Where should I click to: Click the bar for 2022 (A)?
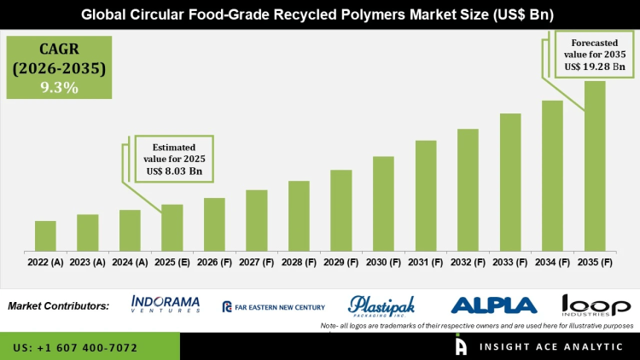tap(45, 236)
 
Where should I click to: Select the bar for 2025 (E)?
tap(172, 228)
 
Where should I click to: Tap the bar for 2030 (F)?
tap(383, 204)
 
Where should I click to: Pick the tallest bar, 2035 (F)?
tap(595, 166)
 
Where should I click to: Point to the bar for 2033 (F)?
tap(510, 183)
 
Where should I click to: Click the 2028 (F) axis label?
tap(299, 262)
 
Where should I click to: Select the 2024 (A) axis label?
tap(130, 262)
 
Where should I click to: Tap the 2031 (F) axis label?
tap(425, 262)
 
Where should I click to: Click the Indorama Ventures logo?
tap(166, 305)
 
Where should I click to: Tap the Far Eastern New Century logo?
tap(273, 306)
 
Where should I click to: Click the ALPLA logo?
tap(493, 305)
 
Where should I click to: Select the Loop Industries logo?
tap(596, 305)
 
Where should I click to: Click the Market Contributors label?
tap(58, 305)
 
